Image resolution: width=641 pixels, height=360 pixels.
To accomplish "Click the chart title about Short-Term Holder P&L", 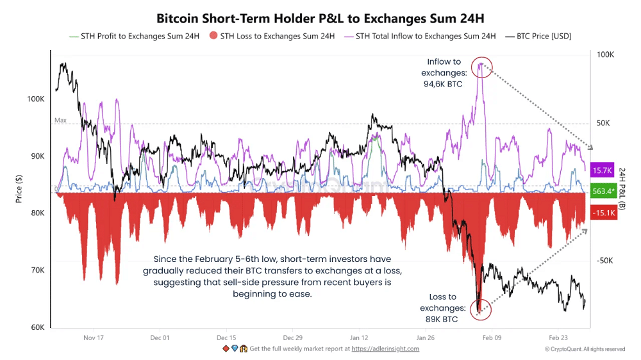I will [x=320, y=18].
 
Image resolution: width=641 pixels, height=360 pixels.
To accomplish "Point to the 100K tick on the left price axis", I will [x=35, y=99].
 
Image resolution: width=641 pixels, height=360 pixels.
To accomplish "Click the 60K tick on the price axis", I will [x=37, y=327].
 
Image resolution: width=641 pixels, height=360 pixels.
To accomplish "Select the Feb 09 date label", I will [x=492, y=338].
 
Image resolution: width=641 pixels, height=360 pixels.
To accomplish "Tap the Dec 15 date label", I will [x=226, y=338].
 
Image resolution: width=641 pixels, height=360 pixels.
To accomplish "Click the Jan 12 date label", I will [x=359, y=338].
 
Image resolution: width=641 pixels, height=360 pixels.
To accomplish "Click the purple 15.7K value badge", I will [x=602, y=170].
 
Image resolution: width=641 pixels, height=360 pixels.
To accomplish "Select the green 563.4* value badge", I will [x=602, y=192].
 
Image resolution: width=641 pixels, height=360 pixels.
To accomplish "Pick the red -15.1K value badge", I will [x=602, y=213].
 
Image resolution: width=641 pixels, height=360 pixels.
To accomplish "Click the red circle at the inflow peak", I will [x=481, y=67].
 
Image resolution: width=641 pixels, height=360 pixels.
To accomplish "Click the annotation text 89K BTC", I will [x=442, y=319].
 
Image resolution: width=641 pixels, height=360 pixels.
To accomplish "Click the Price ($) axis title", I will [x=19, y=190].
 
